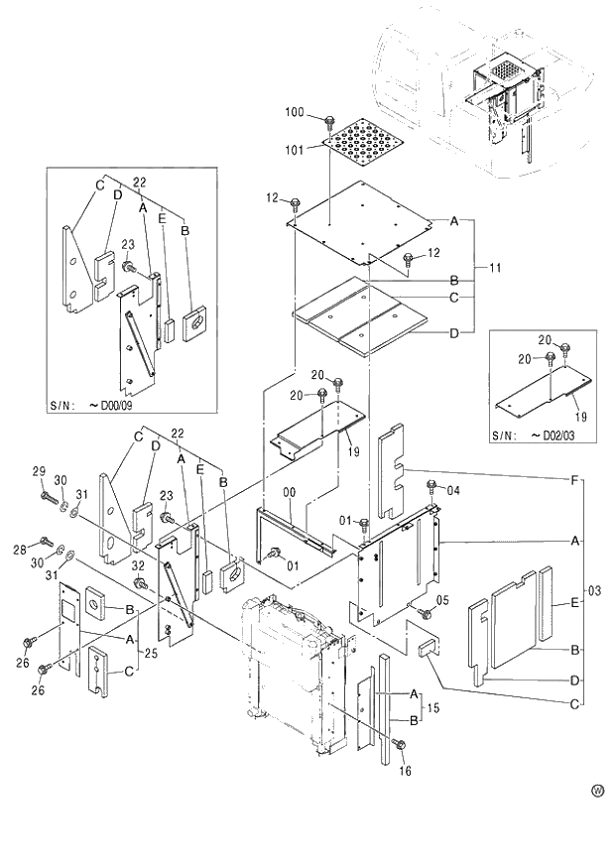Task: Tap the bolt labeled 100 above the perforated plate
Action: click(328, 122)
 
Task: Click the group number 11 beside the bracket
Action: click(494, 268)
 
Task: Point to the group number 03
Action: click(595, 591)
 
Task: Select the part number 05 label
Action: click(442, 599)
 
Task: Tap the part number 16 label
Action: click(404, 770)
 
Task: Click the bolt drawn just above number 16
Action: click(398, 744)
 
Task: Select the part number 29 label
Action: click(39, 470)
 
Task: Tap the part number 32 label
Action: click(140, 565)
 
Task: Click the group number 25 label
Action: click(149, 655)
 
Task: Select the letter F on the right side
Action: click(575, 479)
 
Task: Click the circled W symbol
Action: click(597, 791)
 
